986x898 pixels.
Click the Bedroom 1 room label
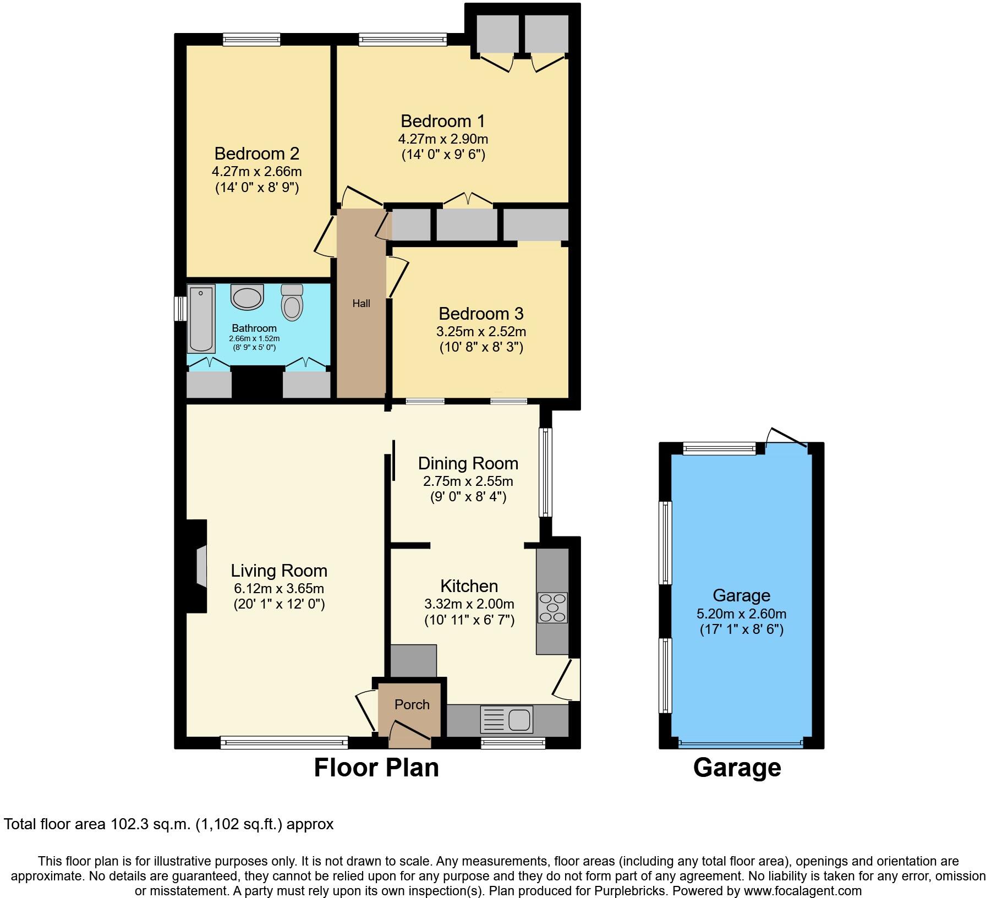443,121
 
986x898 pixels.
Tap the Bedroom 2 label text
256,154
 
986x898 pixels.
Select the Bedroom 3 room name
481,314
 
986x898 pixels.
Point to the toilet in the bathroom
292,303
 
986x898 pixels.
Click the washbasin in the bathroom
248,297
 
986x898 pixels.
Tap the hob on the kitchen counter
552,607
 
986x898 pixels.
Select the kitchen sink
506,719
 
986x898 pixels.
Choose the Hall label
361,303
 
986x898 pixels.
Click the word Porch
412,704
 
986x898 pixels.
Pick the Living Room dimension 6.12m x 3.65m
278,588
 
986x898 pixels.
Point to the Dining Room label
468,463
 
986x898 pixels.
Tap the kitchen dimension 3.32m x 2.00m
469,604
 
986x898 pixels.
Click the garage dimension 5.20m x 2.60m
741,614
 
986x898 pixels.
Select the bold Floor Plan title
376,768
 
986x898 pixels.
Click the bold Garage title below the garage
737,768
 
